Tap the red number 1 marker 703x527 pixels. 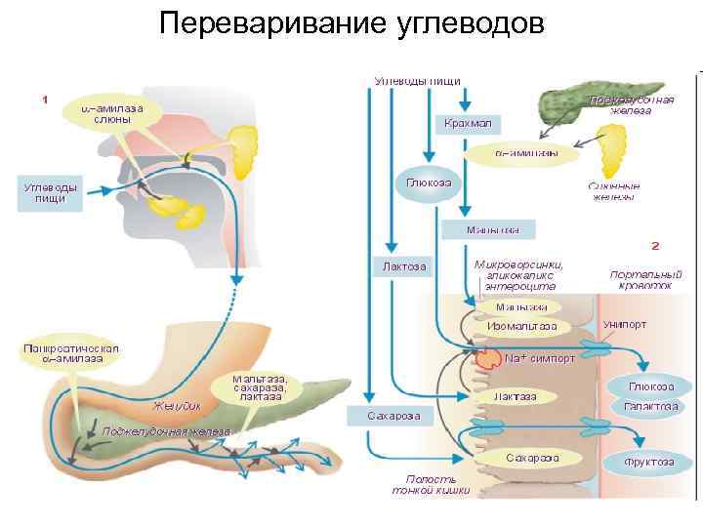click(x=45, y=99)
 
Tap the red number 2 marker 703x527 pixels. click(x=655, y=245)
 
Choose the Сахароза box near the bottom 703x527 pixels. click(x=393, y=416)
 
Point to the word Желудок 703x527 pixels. click(x=177, y=404)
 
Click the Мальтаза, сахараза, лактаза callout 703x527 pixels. click(x=259, y=387)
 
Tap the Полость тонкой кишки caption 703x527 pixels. click(x=431, y=485)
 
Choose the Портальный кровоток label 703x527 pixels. click(x=641, y=281)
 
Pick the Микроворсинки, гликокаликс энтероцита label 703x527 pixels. click(x=518, y=275)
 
